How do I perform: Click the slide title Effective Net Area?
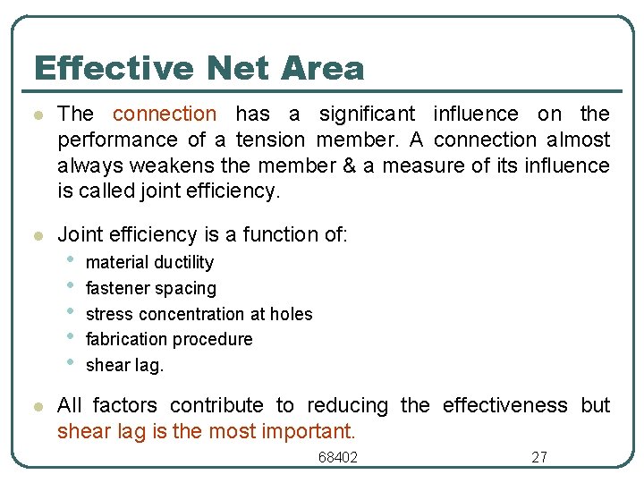tap(199, 68)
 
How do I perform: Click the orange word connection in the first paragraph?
tap(165, 114)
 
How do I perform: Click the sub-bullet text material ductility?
tap(149, 262)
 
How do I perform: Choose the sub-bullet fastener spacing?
tap(150, 288)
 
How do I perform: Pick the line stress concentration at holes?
tap(199, 314)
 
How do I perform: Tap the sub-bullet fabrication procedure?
tap(169, 339)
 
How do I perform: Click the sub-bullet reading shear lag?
tap(124, 365)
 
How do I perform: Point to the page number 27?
tap(539, 457)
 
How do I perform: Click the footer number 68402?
tap(338, 457)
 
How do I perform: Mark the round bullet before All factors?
tap(37, 406)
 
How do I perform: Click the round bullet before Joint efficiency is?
tap(37, 235)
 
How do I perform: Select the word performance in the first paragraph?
tap(117, 140)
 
